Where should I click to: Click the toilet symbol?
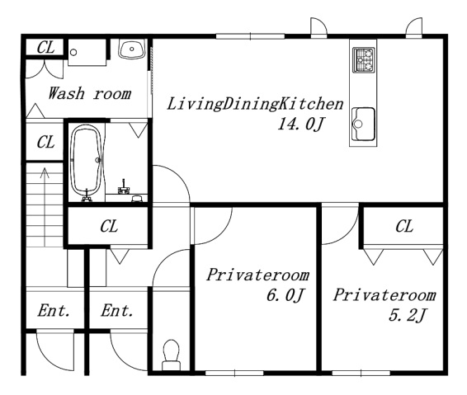[x=172, y=355]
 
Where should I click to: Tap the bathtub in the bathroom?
[x=87, y=162]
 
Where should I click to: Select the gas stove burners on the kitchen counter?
[x=363, y=60]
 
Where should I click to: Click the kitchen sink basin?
[x=363, y=124]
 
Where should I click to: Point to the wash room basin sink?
[x=132, y=49]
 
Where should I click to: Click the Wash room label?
[x=90, y=93]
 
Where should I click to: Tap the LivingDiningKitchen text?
[x=255, y=104]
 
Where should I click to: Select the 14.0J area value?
[x=300, y=124]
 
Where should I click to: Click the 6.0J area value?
[x=285, y=295]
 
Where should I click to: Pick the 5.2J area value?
[x=408, y=315]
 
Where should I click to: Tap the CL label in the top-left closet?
[x=46, y=47]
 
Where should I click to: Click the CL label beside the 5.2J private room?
[x=404, y=226]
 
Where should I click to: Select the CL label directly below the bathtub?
[x=109, y=226]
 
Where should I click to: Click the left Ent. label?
[x=54, y=310]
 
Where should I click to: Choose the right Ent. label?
[x=117, y=310]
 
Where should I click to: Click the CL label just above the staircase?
[x=46, y=142]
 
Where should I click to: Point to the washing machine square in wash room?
[x=87, y=53]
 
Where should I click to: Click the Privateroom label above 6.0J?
[x=258, y=275]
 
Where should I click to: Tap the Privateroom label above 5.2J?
[x=384, y=294]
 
